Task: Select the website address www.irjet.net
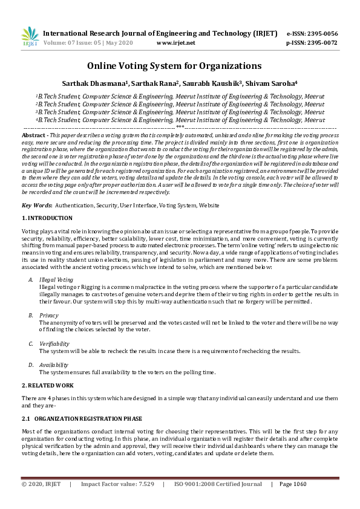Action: tap(175, 44)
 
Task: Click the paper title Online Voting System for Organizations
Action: tap(174, 65)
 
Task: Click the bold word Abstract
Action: tap(32, 136)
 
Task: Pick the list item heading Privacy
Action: tap(49, 315)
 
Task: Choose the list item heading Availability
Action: tap(54, 365)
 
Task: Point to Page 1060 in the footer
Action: tap(293, 484)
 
